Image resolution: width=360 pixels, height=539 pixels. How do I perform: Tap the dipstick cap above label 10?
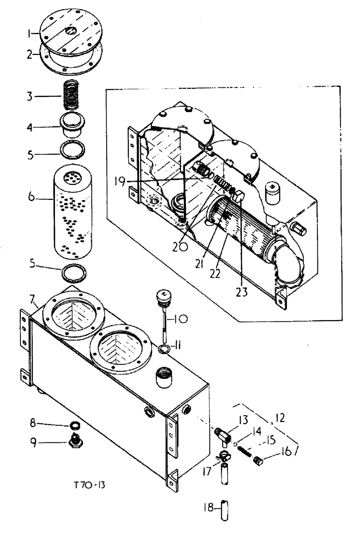coord(162,297)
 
